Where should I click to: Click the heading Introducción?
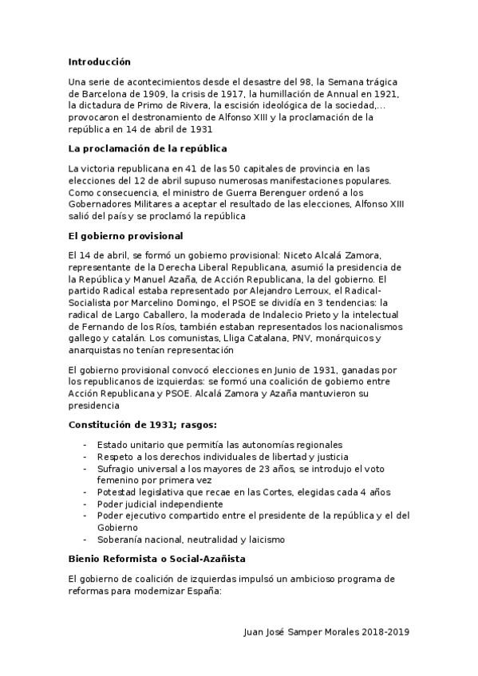pos(99,61)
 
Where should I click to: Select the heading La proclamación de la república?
pos(148,148)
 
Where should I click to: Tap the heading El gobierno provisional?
pos(126,235)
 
